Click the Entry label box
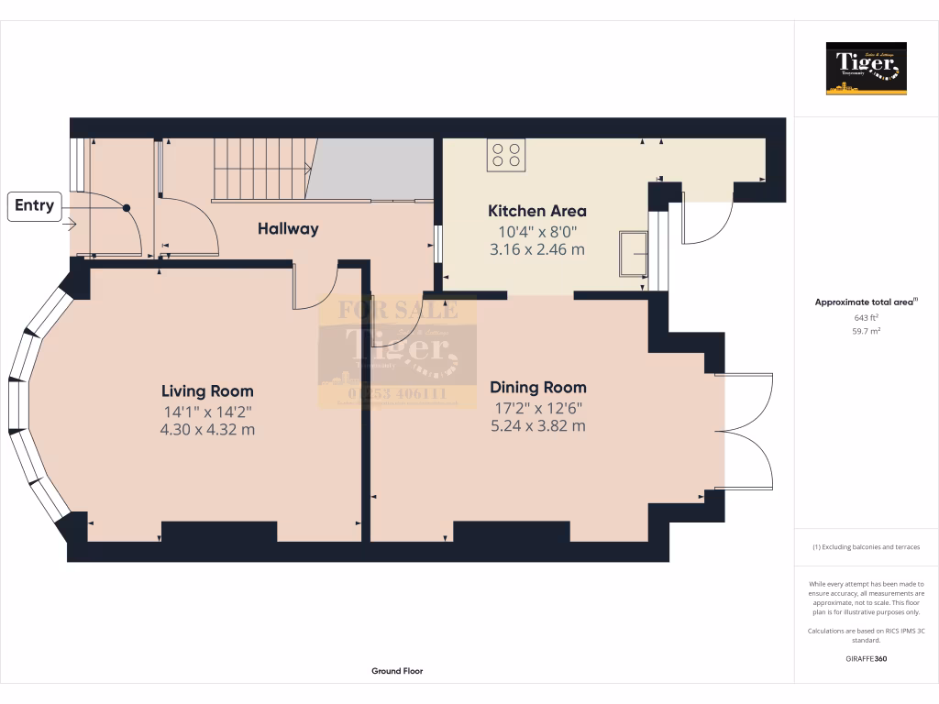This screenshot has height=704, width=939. click(x=35, y=206)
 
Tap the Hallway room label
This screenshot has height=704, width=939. click(x=288, y=229)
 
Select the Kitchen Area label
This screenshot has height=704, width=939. click(x=536, y=212)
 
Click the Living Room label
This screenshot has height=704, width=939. click(x=207, y=391)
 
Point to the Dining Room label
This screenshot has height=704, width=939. click(x=537, y=388)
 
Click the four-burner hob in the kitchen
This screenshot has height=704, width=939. click(x=506, y=155)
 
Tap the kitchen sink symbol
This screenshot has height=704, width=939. click(x=633, y=252)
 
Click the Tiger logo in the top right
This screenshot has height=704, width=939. click(x=866, y=69)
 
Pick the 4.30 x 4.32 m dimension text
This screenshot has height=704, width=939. click(x=207, y=429)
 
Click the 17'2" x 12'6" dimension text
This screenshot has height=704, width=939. click(x=537, y=408)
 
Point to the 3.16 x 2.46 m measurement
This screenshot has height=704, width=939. click(x=536, y=249)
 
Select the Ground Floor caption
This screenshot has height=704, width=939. click(x=397, y=671)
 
